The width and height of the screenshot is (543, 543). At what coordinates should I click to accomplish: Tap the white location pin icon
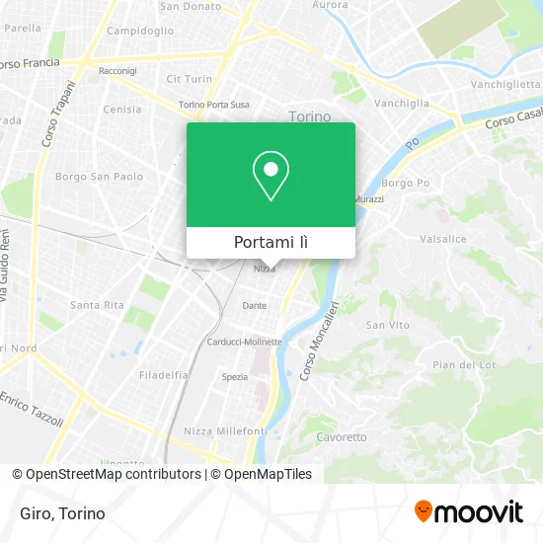(271, 176)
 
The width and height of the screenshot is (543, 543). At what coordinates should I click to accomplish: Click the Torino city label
(310, 116)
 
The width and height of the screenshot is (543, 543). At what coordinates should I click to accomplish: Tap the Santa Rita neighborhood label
(97, 305)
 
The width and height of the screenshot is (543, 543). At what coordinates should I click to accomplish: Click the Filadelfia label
(164, 375)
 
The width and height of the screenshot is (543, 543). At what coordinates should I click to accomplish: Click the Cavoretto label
(342, 436)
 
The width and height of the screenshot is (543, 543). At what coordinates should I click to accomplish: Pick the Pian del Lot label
(457, 365)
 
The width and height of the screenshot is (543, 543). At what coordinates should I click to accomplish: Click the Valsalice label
(442, 238)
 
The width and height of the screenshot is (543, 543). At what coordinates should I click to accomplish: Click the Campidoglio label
(140, 31)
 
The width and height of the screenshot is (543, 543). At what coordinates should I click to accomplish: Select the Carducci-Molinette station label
(244, 342)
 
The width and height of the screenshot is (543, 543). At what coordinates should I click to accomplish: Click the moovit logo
(468, 511)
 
